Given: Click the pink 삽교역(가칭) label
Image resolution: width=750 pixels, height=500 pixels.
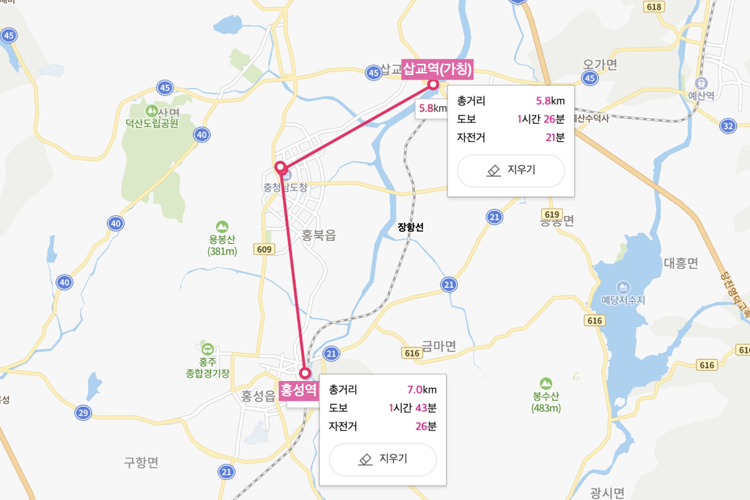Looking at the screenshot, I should click(437, 69).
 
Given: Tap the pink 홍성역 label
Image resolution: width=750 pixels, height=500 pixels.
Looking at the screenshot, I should click(298, 388).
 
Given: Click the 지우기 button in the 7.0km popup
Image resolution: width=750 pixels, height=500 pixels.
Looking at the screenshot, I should click(383, 459).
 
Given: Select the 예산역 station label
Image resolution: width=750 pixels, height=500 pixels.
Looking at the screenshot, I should click(701, 96).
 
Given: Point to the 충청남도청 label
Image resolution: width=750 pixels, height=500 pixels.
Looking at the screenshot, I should click(285, 188).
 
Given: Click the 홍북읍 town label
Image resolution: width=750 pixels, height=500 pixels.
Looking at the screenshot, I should click(319, 235).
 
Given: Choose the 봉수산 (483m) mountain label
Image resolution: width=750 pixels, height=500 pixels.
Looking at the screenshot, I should click(546, 402).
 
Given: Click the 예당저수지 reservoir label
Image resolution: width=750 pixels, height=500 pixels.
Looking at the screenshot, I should click(623, 300).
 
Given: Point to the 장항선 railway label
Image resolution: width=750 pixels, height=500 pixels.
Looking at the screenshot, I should click(410, 227).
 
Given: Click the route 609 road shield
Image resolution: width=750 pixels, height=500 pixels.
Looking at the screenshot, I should click(265, 250).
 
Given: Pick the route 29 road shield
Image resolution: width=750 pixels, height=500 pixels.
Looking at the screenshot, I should click(83, 413).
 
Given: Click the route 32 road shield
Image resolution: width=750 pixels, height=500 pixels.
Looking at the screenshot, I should click(728, 125).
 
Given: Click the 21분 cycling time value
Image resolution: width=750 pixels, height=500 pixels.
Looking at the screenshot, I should click(554, 138).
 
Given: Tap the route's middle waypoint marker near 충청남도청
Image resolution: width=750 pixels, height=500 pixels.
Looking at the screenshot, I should click(281, 167).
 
